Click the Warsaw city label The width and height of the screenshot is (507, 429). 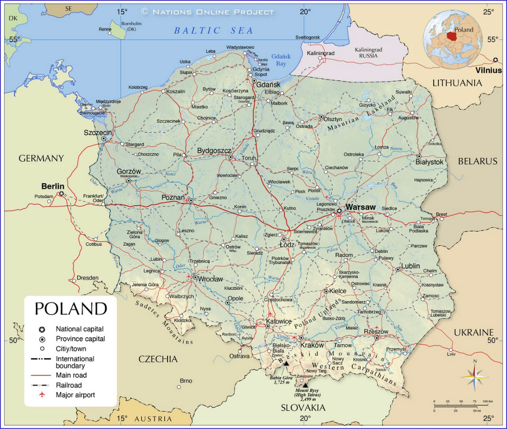[360, 207]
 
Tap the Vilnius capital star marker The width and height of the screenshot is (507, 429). [495, 60]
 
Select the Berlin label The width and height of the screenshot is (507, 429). [53, 186]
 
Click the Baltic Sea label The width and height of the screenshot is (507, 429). [213, 31]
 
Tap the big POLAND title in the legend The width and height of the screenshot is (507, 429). [71, 308]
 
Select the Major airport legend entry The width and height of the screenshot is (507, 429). [75, 394]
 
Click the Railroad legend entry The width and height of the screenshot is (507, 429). [69, 385]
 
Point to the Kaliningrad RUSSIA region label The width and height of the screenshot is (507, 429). [368, 53]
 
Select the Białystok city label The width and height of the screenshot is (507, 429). [430, 162]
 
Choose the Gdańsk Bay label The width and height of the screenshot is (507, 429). [281, 59]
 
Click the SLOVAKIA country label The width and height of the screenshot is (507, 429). [303, 407]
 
